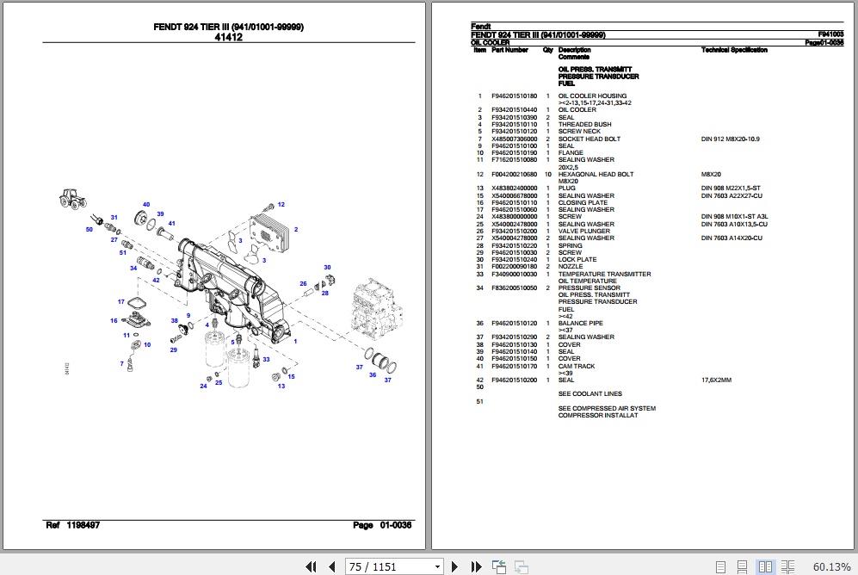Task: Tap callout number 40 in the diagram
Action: pyautogui.click(x=146, y=204)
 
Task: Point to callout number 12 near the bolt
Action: pyautogui.click(x=281, y=204)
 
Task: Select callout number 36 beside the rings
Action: pyautogui.click(x=373, y=374)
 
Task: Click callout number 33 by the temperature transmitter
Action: pyautogui.click(x=266, y=359)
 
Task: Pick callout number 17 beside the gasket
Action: pyautogui.click(x=121, y=301)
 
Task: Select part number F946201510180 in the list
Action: pyautogui.click(x=514, y=96)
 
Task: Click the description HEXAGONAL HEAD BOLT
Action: pyautogui.click(x=596, y=174)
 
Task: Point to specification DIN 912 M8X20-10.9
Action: pyautogui.click(x=731, y=139)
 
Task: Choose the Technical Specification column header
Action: pyautogui.click(x=734, y=50)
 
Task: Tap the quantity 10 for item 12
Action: pyautogui.click(x=547, y=174)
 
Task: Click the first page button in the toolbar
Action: pyautogui.click(x=312, y=566)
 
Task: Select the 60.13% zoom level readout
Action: pyautogui.click(x=831, y=566)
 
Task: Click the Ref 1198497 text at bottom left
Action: pyautogui.click(x=72, y=525)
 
